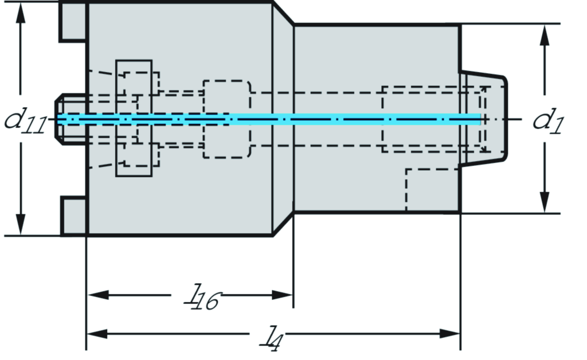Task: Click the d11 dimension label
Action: pyautogui.click(x=25, y=122)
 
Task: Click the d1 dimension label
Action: pyautogui.click(x=548, y=121)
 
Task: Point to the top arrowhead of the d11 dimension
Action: pyautogui.click(x=21, y=14)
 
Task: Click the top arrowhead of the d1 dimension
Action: pyautogui.click(x=545, y=35)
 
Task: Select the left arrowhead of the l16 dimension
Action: pyautogui.click(x=98, y=295)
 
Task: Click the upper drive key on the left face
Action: pyautogui.click(x=73, y=22)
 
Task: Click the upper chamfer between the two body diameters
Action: pyautogui.click(x=283, y=14)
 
